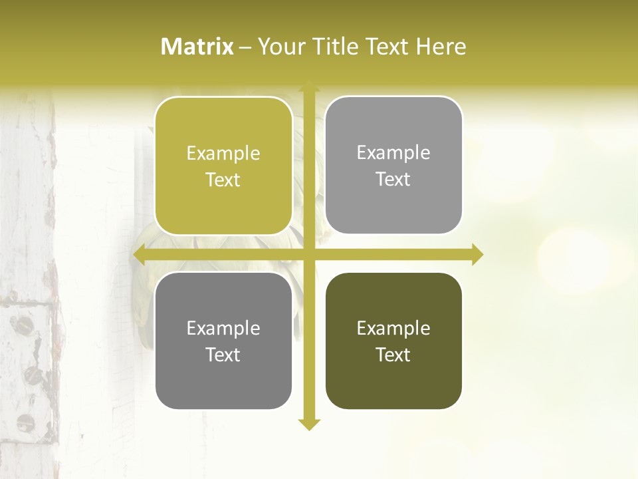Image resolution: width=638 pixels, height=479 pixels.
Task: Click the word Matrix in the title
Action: [x=197, y=47]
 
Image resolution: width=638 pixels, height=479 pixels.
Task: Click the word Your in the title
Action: [x=280, y=47]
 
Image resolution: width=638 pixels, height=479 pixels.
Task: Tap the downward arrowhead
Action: [x=308, y=424]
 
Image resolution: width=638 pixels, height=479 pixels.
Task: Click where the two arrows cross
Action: [x=308, y=254]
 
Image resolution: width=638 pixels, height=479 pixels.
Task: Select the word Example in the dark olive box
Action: [x=393, y=328]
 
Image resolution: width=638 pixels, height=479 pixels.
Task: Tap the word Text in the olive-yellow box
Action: [x=223, y=180]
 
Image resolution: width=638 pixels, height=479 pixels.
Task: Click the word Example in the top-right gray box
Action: [x=393, y=152]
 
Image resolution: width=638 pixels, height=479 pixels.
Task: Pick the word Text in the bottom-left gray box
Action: [x=223, y=355]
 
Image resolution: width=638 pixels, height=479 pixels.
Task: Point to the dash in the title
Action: [x=245, y=47]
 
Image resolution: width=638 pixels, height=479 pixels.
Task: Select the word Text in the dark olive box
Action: [x=393, y=355]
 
